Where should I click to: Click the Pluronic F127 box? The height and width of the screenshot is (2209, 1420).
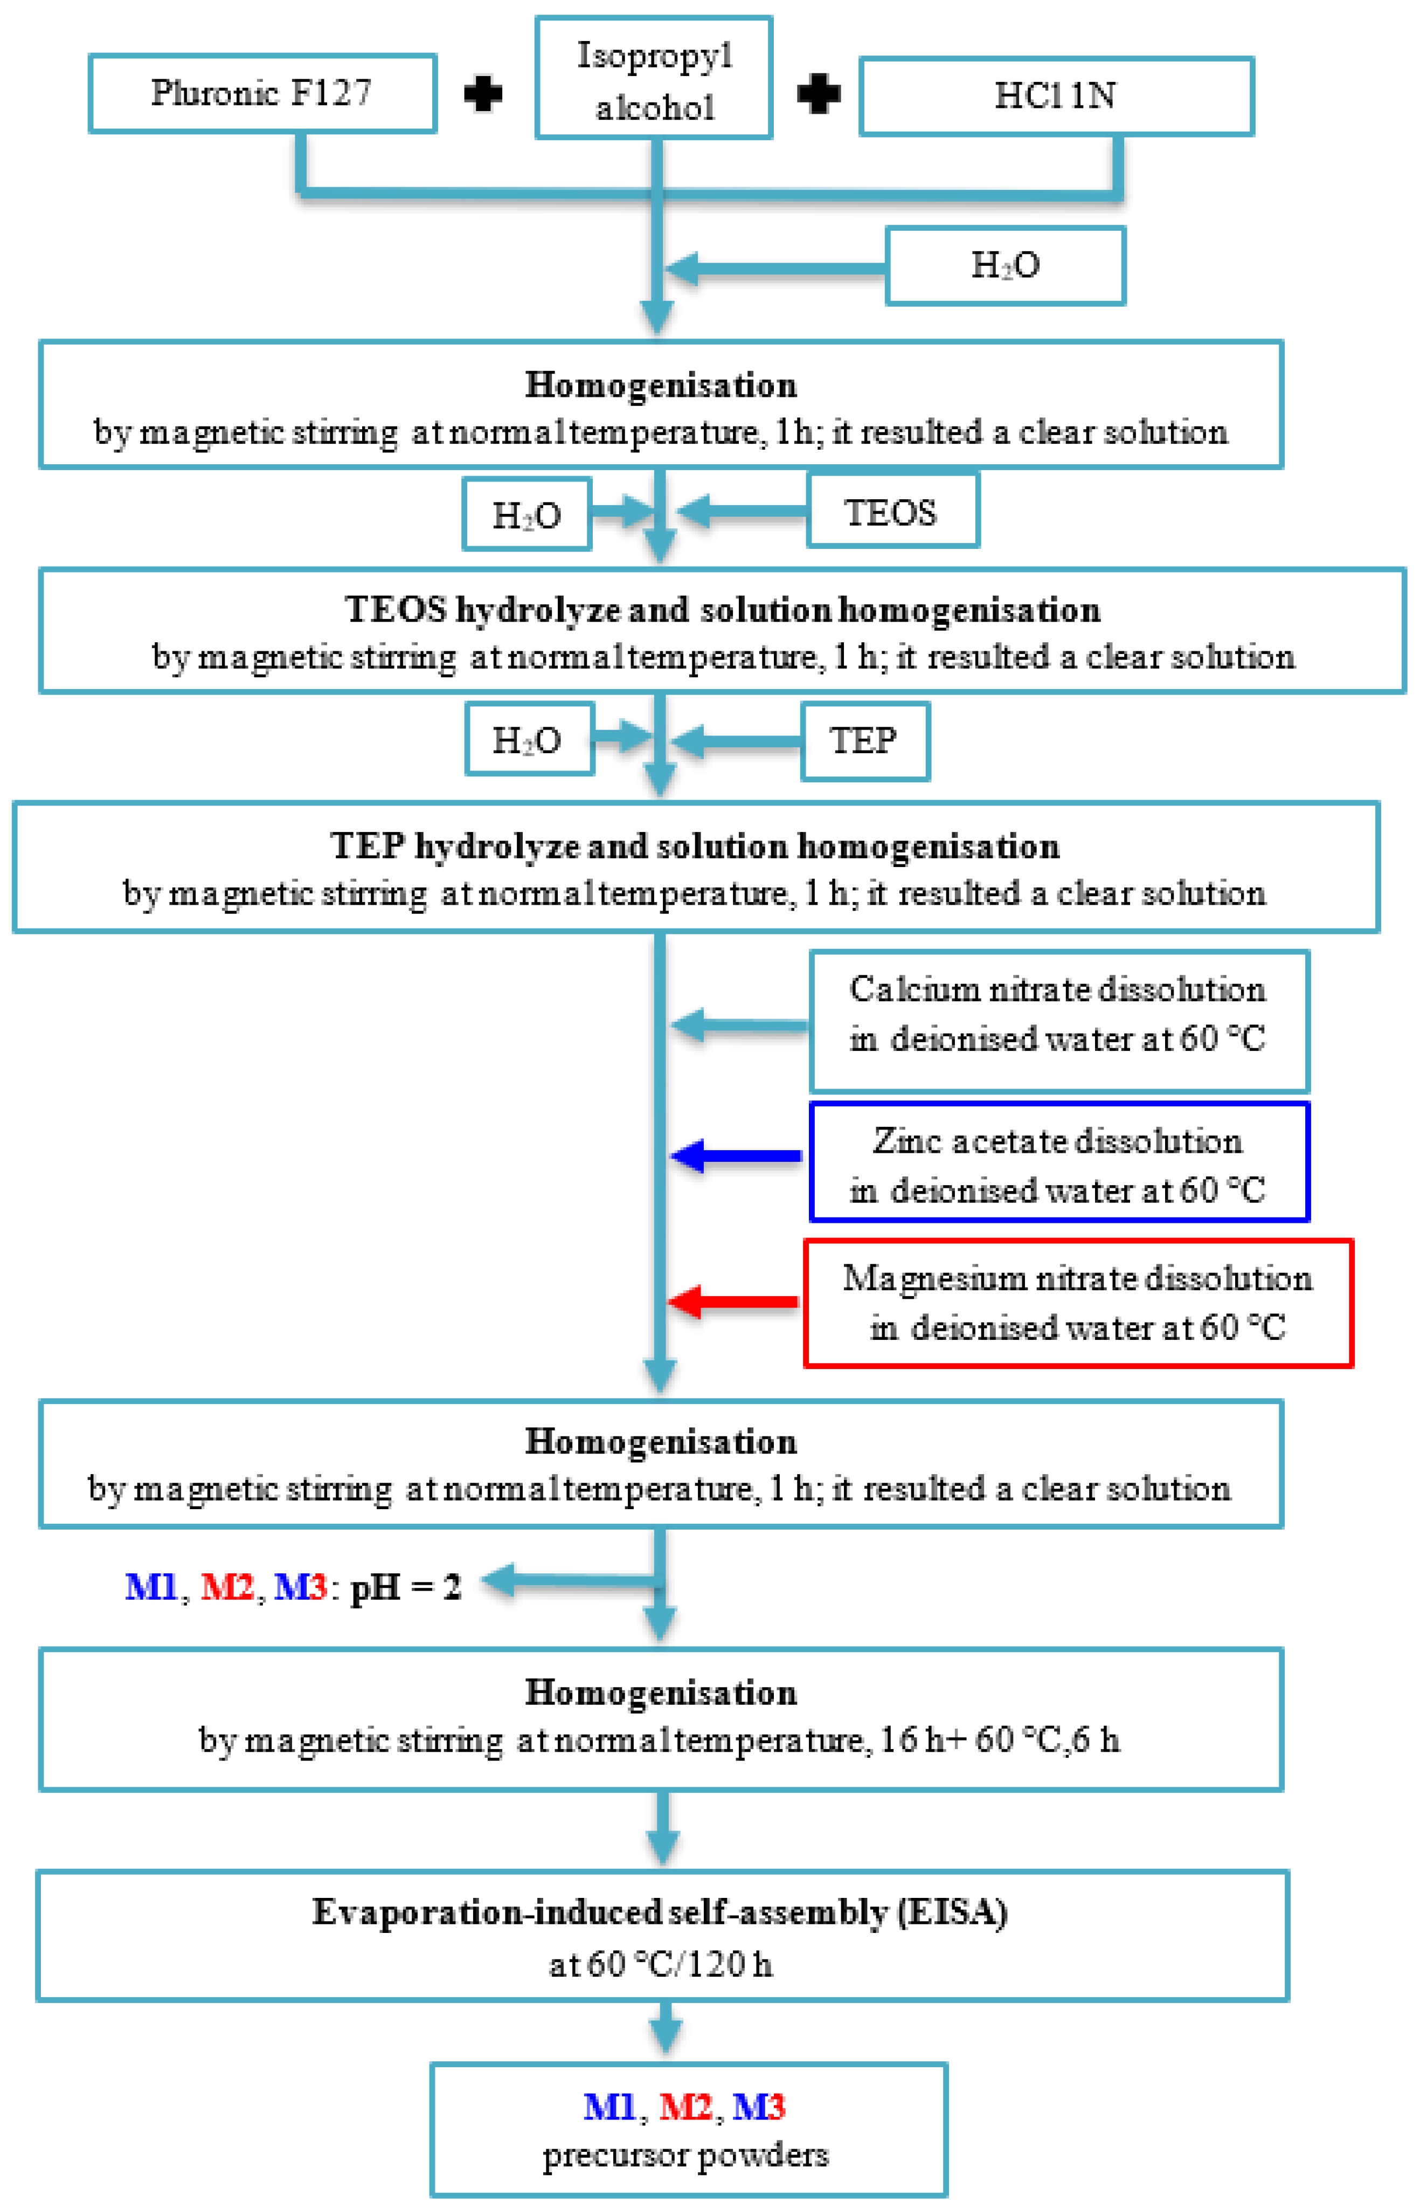coord(262,93)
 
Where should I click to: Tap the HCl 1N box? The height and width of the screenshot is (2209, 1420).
coord(1056,96)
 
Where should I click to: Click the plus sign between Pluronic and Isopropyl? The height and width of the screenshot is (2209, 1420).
coord(483,94)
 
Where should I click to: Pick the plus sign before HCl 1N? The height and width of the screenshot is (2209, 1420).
coord(818,94)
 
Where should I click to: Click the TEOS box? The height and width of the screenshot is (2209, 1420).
coord(892,512)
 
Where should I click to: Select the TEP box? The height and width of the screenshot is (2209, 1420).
coord(864,741)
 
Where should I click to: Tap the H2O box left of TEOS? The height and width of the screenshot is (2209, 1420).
coord(527,515)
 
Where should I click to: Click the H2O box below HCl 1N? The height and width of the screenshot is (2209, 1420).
coord(1005,266)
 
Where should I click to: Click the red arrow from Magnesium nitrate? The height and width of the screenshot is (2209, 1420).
coord(733,1302)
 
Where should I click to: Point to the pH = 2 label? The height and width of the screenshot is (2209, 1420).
coord(406,1587)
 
